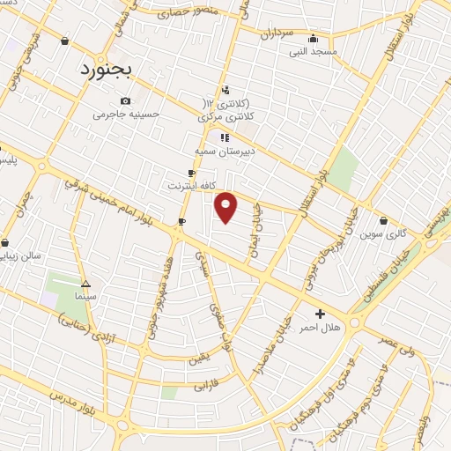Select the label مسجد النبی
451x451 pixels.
point(314,52)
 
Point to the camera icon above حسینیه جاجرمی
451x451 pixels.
point(126,100)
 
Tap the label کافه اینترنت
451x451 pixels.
point(192,187)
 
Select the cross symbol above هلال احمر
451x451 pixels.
point(320,313)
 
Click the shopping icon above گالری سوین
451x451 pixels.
point(384,220)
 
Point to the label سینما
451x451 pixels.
point(85,297)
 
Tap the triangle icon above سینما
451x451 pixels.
point(85,284)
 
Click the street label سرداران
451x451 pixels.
point(276,33)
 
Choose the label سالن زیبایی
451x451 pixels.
point(27,256)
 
